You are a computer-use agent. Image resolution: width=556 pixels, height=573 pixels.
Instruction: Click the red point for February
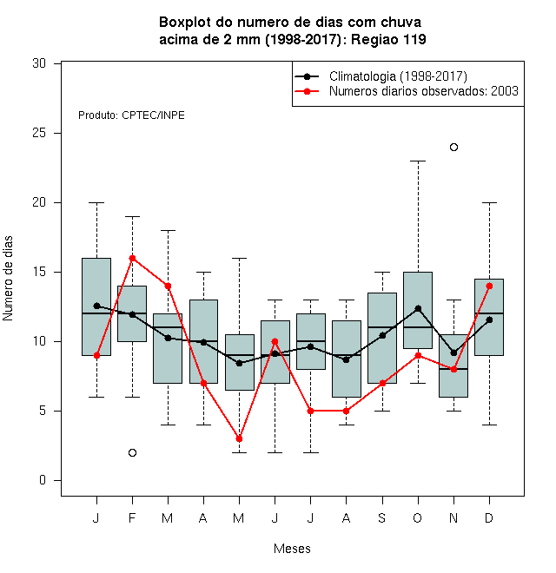click(132, 259)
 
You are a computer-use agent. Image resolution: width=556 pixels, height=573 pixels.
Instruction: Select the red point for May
click(239, 439)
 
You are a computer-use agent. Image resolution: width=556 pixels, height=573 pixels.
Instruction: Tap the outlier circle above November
click(453, 148)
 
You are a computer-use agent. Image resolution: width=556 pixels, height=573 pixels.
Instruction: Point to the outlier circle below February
click(132, 453)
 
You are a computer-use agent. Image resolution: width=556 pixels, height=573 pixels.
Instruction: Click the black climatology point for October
click(418, 309)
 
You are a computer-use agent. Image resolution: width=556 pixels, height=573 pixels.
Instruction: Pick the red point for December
click(489, 286)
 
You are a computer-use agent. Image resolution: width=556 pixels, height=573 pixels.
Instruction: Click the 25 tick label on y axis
click(39, 133)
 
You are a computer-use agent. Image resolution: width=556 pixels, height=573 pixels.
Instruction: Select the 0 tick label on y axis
click(43, 480)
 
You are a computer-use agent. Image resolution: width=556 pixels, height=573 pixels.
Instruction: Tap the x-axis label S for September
click(382, 517)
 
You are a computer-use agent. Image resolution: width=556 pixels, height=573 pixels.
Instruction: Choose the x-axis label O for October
click(418, 517)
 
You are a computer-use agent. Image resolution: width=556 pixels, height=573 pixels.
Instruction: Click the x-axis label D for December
click(489, 517)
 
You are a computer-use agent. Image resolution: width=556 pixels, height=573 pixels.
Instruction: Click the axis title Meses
click(292, 549)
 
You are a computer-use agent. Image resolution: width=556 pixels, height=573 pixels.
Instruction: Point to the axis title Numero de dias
click(8, 279)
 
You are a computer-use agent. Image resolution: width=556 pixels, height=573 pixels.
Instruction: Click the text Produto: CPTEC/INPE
click(131, 115)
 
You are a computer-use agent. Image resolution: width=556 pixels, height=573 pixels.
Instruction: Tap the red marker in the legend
click(307, 91)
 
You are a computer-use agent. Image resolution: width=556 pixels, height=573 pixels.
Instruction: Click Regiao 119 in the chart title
click(388, 39)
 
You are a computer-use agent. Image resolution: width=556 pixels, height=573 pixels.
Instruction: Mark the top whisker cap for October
click(418, 161)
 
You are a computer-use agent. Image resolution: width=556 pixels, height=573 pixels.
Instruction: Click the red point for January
click(97, 356)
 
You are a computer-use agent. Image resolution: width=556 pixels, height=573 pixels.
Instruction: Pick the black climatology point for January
click(97, 306)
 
